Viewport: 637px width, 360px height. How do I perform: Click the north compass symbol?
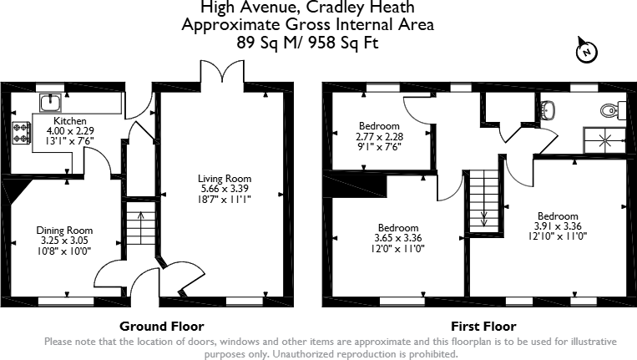588,53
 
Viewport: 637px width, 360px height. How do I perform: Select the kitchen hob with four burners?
21,131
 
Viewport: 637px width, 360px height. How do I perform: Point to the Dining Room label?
64,231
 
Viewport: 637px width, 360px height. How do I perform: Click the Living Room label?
224,179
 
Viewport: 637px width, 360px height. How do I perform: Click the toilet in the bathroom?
609,109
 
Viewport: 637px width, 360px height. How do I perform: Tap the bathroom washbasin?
549,108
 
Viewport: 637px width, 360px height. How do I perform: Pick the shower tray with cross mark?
604,139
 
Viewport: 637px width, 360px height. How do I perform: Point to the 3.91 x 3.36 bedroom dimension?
558,225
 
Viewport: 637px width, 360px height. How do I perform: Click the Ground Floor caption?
162,326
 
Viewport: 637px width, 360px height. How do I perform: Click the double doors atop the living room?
212,74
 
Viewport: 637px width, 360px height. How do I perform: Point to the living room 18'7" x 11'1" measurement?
224,199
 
